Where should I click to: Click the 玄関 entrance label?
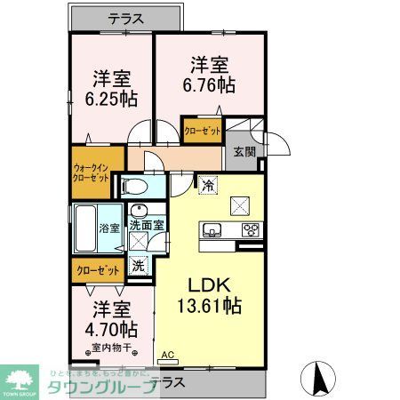[244, 152]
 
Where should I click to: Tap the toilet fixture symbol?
[134, 186]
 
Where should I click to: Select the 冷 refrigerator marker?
[206, 186]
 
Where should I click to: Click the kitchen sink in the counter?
[212, 231]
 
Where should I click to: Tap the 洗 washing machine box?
[139, 264]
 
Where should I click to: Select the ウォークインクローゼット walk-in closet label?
[91, 172]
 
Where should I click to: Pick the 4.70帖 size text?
[111, 328]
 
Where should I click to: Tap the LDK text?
[210, 285]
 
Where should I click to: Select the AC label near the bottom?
[167, 355]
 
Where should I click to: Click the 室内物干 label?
[110, 348]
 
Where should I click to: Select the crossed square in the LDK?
[241, 204]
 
